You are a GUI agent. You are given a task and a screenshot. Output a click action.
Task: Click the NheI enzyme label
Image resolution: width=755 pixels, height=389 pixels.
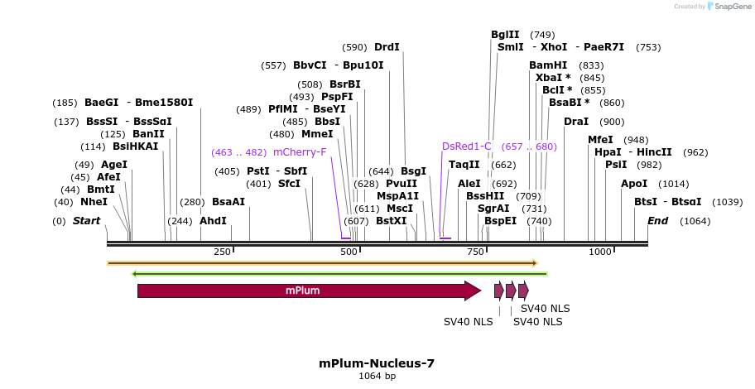click(94, 201)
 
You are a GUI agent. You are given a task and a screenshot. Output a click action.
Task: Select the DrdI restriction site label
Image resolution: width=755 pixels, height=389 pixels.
click(387, 47)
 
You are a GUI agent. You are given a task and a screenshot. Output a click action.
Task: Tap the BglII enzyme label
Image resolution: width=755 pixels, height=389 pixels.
click(505, 35)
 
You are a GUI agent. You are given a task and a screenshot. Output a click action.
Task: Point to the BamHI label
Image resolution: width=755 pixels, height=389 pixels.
click(548, 65)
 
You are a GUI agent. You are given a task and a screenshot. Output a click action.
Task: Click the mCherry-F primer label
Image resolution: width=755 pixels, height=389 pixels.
click(300, 152)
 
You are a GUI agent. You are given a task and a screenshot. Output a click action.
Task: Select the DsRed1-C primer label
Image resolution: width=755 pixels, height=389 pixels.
click(467, 146)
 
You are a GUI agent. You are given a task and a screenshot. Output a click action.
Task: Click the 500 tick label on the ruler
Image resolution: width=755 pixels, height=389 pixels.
click(349, 252)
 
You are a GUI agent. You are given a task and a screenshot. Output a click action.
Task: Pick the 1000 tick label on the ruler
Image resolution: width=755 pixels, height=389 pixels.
click(599, 252)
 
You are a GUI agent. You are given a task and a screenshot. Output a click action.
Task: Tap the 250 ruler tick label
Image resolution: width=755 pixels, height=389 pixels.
click(222, 252)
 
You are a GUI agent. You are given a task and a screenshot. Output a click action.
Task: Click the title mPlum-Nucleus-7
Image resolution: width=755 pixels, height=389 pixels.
click(377, 363)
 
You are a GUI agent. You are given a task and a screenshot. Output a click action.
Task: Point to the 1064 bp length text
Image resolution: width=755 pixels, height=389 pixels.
click(377, 377)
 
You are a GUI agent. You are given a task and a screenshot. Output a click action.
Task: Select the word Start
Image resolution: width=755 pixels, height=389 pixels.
click(86, 221)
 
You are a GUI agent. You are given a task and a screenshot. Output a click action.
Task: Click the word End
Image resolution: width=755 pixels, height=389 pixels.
click(658, 221)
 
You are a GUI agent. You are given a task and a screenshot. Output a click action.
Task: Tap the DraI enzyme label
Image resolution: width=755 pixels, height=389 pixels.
click(575, 122)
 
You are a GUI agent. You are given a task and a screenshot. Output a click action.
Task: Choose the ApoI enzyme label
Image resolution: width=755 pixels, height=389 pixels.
click(634, 184)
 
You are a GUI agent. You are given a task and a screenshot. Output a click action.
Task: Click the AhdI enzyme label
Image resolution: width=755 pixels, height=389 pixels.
click(213, 221)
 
